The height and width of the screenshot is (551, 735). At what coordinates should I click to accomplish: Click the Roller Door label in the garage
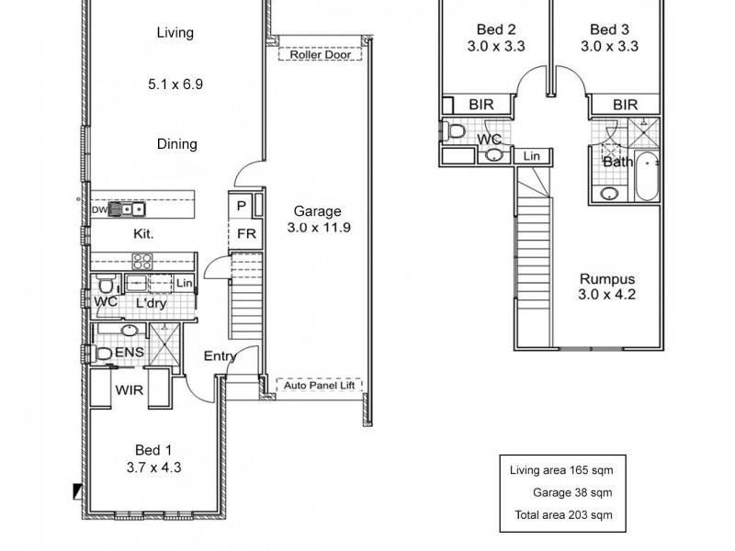coord(318,54)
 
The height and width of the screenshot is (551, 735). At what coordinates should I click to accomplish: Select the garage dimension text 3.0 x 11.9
coord(317,227)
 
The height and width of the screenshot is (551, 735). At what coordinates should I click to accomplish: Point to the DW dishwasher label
coord(98,209)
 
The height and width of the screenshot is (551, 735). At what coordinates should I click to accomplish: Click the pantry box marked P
coord(242,207)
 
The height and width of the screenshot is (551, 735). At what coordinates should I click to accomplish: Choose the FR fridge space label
coord(246,233)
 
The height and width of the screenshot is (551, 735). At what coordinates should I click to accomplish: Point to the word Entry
coord(220,356)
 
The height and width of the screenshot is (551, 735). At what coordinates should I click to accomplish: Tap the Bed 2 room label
coord(497,28)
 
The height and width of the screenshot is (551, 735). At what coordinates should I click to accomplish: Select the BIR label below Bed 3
coord(625,106)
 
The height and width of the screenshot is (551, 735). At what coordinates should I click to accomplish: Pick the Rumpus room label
coord(607,279)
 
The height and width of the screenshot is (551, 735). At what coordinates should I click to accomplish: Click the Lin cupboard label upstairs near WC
coord(531,157)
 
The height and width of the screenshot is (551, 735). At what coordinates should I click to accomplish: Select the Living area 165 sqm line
coord(561,470)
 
